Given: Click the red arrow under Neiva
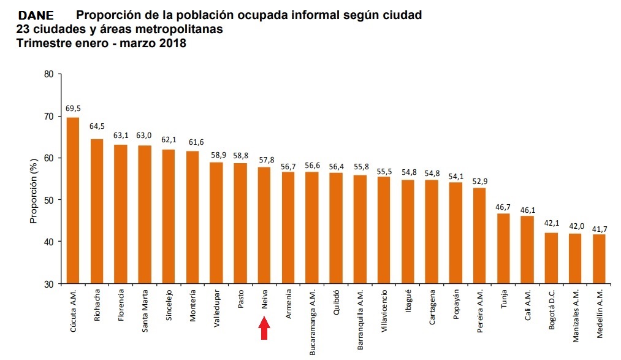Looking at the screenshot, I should pos(264,329).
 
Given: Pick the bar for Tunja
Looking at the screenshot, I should pos(503,248).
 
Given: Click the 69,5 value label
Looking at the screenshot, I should pos(73,109).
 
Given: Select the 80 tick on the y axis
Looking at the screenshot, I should pos(48,74).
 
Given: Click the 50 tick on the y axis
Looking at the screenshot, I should pos(48,200).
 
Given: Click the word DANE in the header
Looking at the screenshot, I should pos(36,15).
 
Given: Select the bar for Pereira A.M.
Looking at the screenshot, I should pos(479,236).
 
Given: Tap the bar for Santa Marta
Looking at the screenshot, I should pos(145,215).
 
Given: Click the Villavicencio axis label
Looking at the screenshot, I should pos(384,310).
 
